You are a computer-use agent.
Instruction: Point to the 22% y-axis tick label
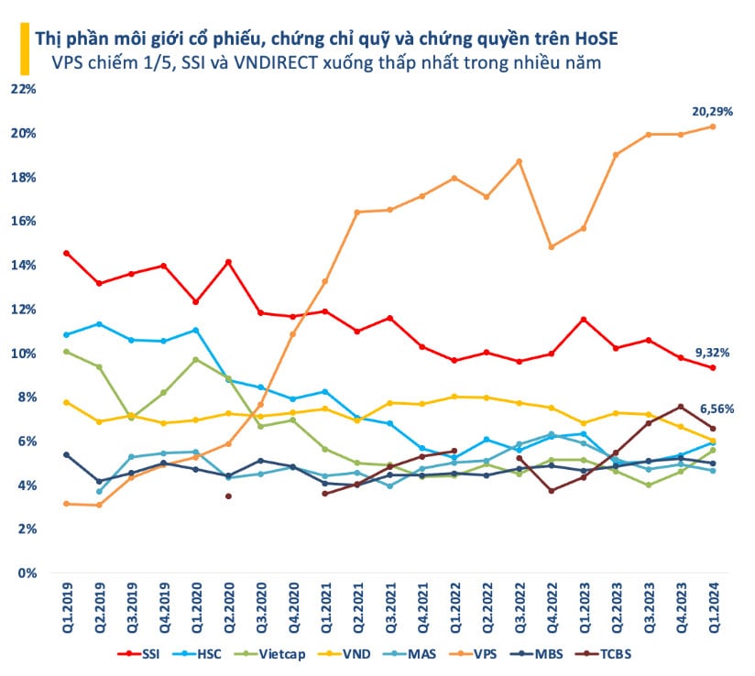point(22,89)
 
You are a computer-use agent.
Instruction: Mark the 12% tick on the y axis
point(22,310)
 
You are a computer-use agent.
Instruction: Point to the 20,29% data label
point(711,111)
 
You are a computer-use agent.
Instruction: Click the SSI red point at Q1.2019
point(66,253)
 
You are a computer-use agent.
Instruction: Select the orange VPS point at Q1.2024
point(713,126)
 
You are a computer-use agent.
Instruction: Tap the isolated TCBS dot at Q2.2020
point(228,496)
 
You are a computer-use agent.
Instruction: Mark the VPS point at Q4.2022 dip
point(551,246)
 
